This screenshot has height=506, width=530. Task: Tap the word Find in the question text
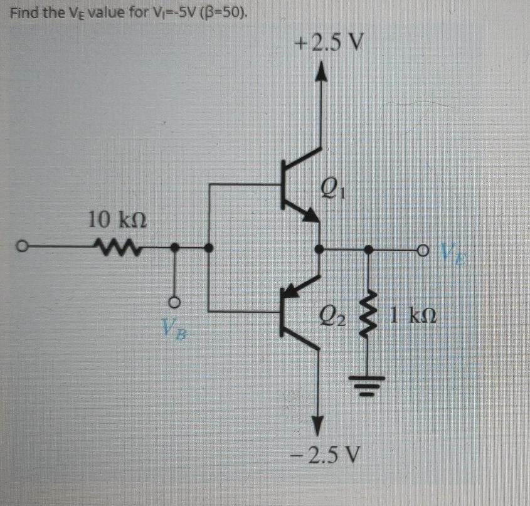point(24,12)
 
